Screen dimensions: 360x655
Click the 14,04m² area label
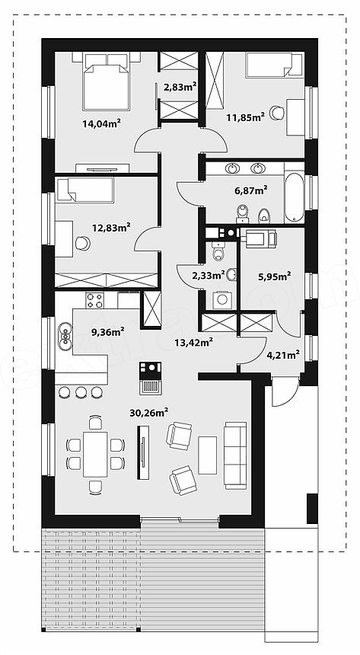click(x=102, y=123)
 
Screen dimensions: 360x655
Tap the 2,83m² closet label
click(x=180, y=87)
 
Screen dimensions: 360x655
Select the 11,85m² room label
click(x=246, y=117)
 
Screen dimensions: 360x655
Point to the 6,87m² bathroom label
click(x=250, y=190)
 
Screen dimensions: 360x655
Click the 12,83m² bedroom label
click(x=111, y=227)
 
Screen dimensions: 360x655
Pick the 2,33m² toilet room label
click(x=209, y=275)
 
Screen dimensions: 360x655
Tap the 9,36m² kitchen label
click(x=108, y=332)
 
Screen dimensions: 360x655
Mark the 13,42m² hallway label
click(x=194, y=343)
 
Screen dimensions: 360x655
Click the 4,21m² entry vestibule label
click(x=282, y=356)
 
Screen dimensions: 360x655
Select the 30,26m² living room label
click(x=148, y=413)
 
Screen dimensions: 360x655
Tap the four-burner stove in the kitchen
click(x=95, y=300)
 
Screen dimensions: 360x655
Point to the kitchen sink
click(x=65, y=337)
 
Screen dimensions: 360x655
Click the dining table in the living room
click(x=95, y=454)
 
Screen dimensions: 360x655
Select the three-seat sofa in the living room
click(x=235, y=455)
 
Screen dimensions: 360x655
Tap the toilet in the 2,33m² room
click(x=218, y=251)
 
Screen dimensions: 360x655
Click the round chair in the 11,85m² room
click(x=277, y=113)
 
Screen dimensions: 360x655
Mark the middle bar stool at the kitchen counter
click(x=81, y=391)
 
